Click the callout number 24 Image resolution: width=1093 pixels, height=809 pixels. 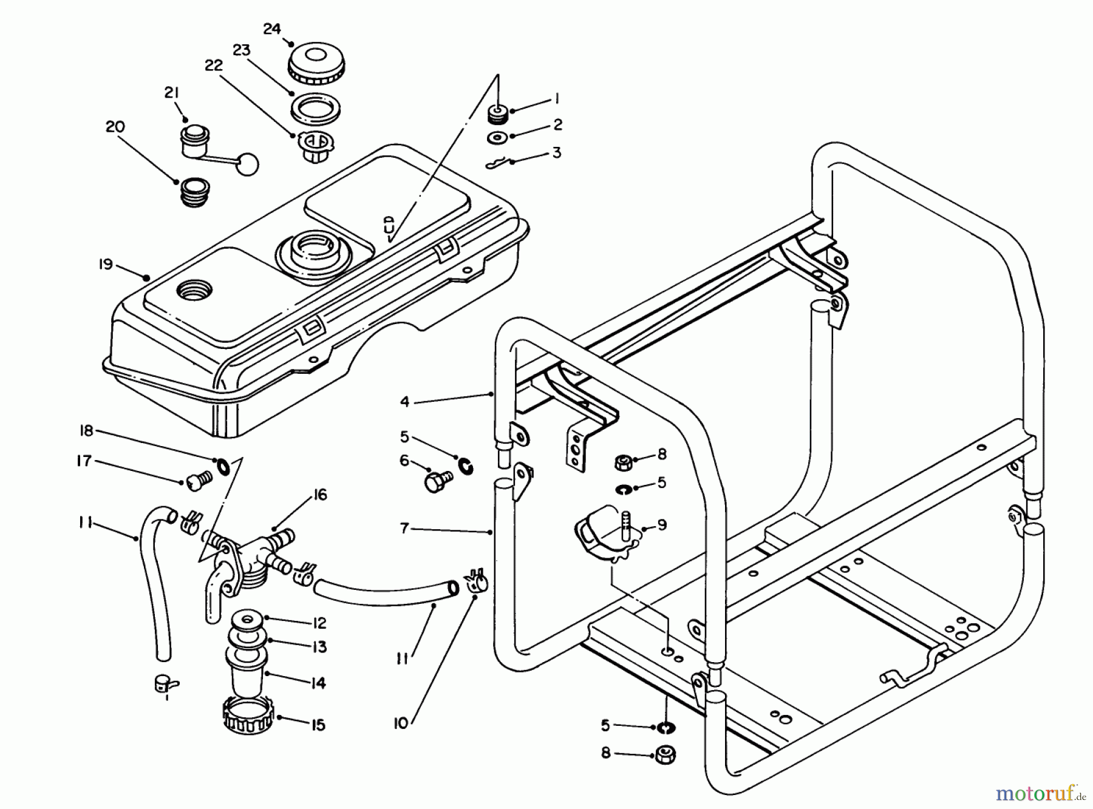coord(272,29)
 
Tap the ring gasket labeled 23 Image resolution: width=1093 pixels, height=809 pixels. coord(315,107)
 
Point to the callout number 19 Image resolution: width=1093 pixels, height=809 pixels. coord(106,265)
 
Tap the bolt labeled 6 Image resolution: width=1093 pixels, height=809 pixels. coord(436,482)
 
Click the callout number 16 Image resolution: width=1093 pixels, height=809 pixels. coord(320,495)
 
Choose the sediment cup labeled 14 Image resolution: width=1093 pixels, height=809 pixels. coord(247,674)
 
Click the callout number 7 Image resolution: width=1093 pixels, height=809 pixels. coord(404,528)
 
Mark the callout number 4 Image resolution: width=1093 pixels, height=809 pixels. coord(405,401)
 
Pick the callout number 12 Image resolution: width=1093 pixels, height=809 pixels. coord(319,623)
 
